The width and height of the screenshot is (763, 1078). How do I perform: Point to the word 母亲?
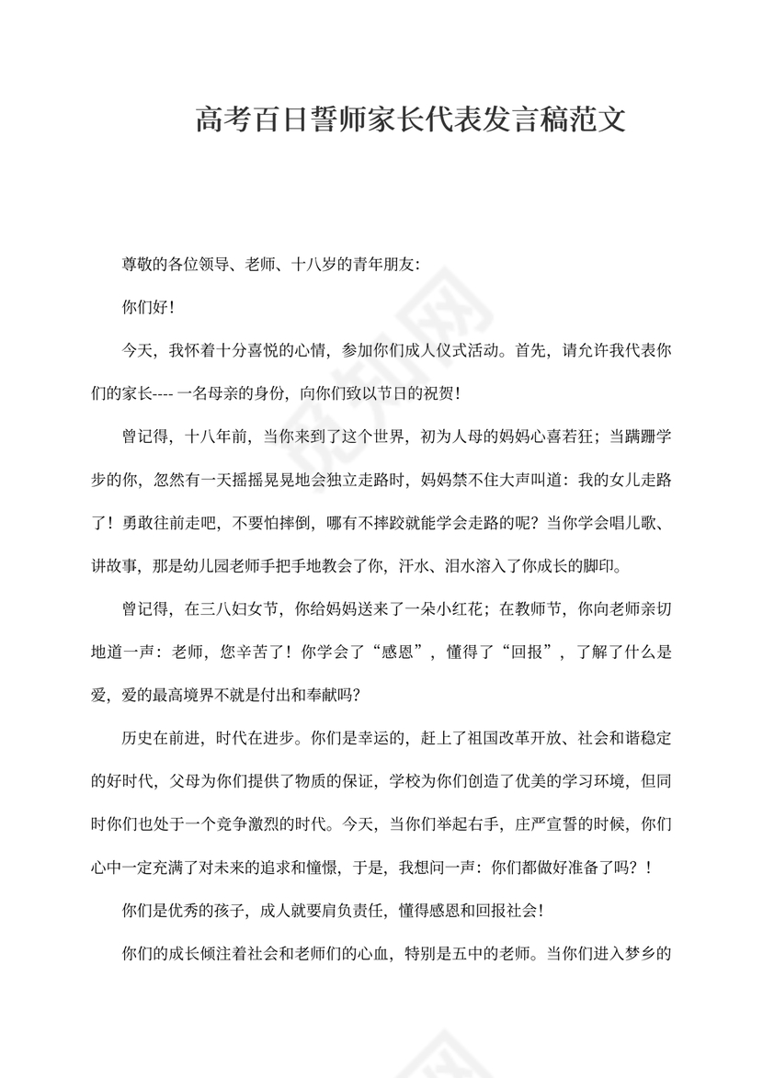coord(237,393)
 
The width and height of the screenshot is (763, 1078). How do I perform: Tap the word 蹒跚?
coord(631,437)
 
